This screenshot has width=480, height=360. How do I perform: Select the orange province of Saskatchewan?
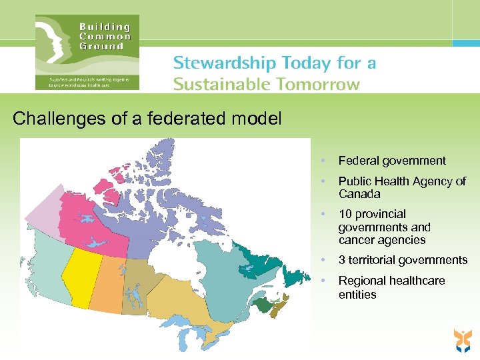tap(107, 283)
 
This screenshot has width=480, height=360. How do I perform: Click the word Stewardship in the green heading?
tap(224, 63)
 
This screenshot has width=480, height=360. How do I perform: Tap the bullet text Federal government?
tap(392, 161)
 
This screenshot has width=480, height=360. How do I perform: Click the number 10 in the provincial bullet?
tap(345, 215)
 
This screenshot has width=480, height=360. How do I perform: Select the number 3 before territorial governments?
tap(342, 260)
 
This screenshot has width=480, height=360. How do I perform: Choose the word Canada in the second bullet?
tap(359, 194)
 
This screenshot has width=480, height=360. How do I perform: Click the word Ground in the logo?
tap(101, 47)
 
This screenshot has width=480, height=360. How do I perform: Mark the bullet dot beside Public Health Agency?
tap(323, 181)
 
